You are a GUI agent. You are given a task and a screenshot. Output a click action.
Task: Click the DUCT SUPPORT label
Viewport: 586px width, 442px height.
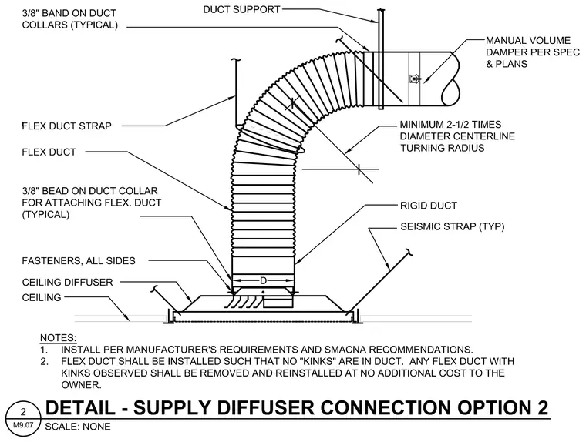pyautogui.click(x=241, y=10)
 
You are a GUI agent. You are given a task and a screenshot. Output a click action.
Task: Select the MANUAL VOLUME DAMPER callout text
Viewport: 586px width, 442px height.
pyautogui.click(x=533, y=52)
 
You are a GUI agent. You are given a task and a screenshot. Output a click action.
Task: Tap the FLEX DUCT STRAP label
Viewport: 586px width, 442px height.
pyautogui.click(x=67, y=126)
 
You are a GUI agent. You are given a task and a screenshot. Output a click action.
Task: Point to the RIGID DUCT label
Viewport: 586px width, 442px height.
pyautogui.click(x=428, y=206)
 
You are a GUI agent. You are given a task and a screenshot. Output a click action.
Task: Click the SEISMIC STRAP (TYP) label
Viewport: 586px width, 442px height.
pyautogui.click(x=452, y=226)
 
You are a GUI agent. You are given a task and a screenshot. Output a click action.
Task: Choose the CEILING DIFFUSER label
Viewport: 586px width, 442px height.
pyautogui.click(x=67, y=283)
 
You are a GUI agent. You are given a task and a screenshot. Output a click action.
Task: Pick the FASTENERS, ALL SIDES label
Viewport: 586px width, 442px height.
pyautogui.click(x=79, y=260)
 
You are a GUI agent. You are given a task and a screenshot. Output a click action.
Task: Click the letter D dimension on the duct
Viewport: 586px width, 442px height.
pyautogui.click(x=263, y=280)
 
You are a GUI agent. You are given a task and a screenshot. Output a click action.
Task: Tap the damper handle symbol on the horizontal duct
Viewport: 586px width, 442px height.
pyautogui.click(x=415, y=79)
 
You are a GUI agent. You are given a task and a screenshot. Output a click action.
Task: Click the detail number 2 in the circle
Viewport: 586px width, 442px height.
pyautogui.click(x=24, y=412)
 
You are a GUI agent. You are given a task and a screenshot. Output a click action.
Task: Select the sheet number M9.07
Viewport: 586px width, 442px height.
pyautogui.click(x=23, y=425)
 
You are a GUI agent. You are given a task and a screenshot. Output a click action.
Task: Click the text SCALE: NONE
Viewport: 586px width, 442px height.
pyautogui.click(x=78, y=427)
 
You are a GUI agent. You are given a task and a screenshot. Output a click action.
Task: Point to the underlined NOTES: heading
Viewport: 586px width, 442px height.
pyautogui.click(x=59, y=338)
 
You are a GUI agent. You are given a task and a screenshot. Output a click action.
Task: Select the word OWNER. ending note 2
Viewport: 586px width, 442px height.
pyautogui.click(x=81, y=385)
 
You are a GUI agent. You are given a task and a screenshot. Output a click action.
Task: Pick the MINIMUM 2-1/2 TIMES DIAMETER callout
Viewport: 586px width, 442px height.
pyautogui.click(x=457, y=136)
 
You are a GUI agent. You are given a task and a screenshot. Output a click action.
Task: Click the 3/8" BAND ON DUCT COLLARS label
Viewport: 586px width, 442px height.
pyautogui.click(x=70, y=19)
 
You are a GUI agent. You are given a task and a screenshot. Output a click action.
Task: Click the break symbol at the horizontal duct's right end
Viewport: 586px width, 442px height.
pyautogui.click(x=451, y=79)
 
